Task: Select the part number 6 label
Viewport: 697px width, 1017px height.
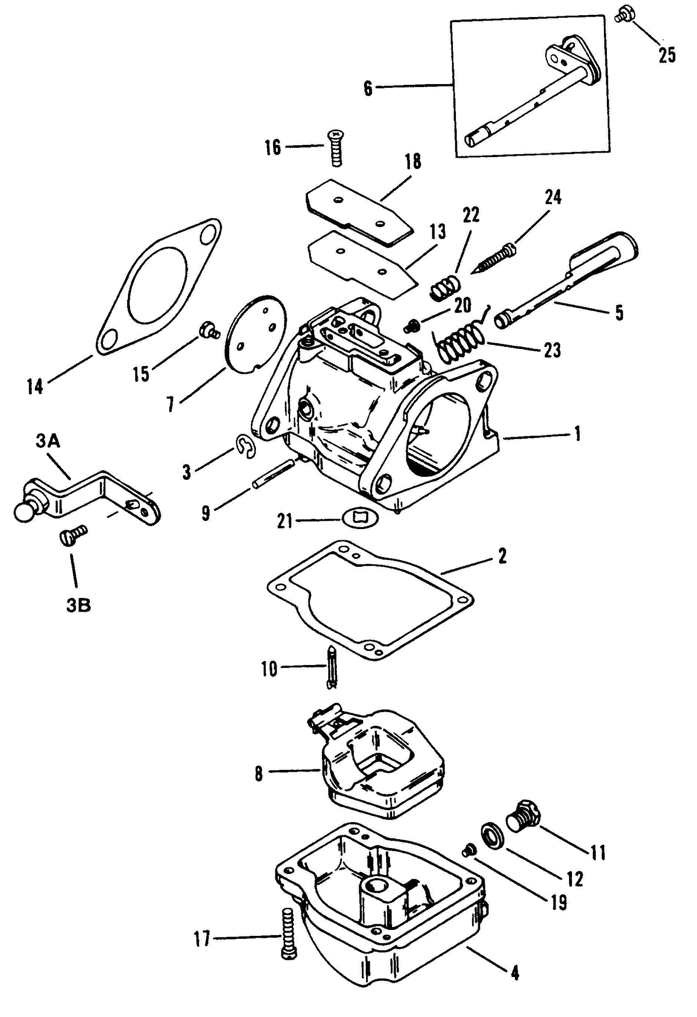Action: coord(368,89)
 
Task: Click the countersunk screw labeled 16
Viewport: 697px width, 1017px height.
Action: coord(336,148)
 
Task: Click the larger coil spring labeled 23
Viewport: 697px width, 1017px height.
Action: coord(460,338)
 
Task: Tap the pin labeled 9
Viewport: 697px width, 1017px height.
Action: coord(273,472)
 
